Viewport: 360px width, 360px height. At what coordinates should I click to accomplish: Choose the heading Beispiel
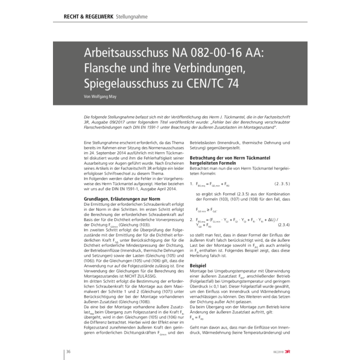(199, 265)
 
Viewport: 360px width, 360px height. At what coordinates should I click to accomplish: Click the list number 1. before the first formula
(191, 183)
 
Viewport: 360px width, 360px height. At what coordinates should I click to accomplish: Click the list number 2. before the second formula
(191, 219)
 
